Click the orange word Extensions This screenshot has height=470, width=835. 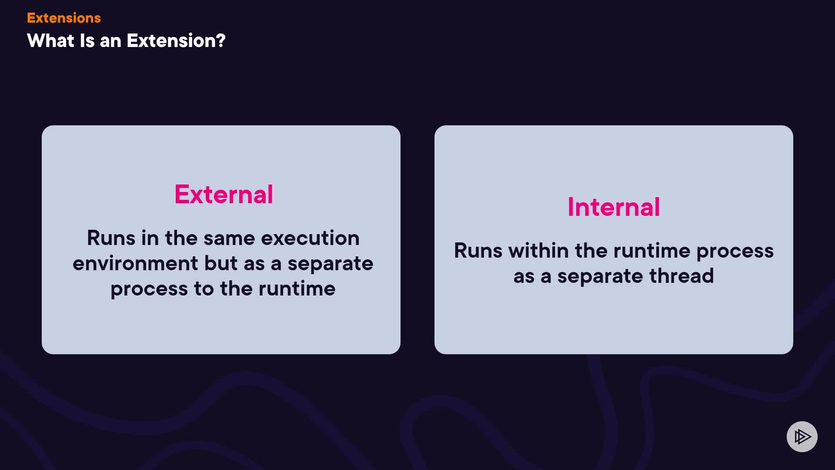[x=64, y=18]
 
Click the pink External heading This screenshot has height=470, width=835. [x=224, y=194]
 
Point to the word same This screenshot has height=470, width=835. [x=229, y=238]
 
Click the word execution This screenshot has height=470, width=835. [x=310, y=238]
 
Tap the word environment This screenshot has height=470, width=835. [x=135, y=263]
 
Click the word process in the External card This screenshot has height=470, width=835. [x=149, y=289]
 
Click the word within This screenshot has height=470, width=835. [x=538, y=251]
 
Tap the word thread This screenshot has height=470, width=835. [x=681, y=276]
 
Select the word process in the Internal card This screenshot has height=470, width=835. [x=735, y=252]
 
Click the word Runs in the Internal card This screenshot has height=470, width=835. [x=478, y=251]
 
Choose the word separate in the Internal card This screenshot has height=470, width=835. [x=600, y=277]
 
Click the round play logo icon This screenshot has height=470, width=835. [x=802, y=436]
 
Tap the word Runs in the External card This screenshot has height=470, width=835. [x=111, y=238]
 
